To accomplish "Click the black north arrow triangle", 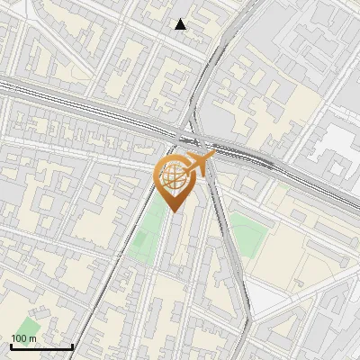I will pos(181,24).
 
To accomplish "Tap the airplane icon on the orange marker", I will pos(202,163).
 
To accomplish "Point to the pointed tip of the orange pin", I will pos(174,212).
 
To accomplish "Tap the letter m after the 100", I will pos(33,338).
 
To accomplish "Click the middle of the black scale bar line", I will pos(42,346).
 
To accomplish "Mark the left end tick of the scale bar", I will pos(11,345).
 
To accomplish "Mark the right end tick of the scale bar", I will pos(73,345).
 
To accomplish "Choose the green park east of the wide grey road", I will pos(248,236).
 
